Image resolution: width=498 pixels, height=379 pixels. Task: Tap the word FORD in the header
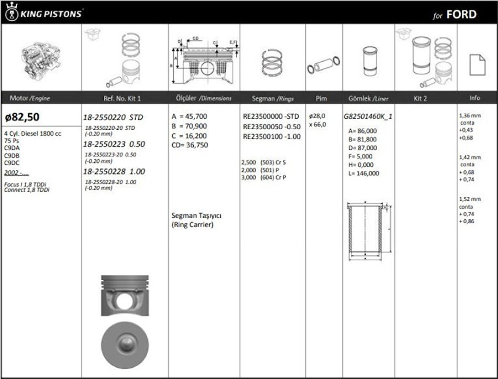click(461, 15)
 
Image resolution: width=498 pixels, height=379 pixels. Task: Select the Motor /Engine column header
click(30, 98)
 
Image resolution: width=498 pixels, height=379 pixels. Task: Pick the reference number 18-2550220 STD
click(113, 117)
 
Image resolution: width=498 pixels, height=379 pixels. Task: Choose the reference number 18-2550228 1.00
click(114, 172)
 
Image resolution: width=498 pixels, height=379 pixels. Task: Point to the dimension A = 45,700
click(190, 116)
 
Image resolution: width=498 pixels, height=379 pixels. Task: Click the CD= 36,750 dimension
click(190, 145)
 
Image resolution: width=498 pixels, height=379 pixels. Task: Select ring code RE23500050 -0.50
click(272, 126)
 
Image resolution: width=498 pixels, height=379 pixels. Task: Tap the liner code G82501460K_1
click(368, 116)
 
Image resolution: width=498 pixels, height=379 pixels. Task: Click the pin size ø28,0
click(317, 116)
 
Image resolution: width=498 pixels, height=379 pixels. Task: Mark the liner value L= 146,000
click(361, 173)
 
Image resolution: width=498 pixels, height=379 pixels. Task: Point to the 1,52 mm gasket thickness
click(470, 199)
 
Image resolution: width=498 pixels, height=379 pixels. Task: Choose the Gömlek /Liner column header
click(368, 98)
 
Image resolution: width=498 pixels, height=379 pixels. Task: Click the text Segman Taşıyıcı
click(197, 215)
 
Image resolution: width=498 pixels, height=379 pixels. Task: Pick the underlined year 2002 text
click(16, 173)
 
